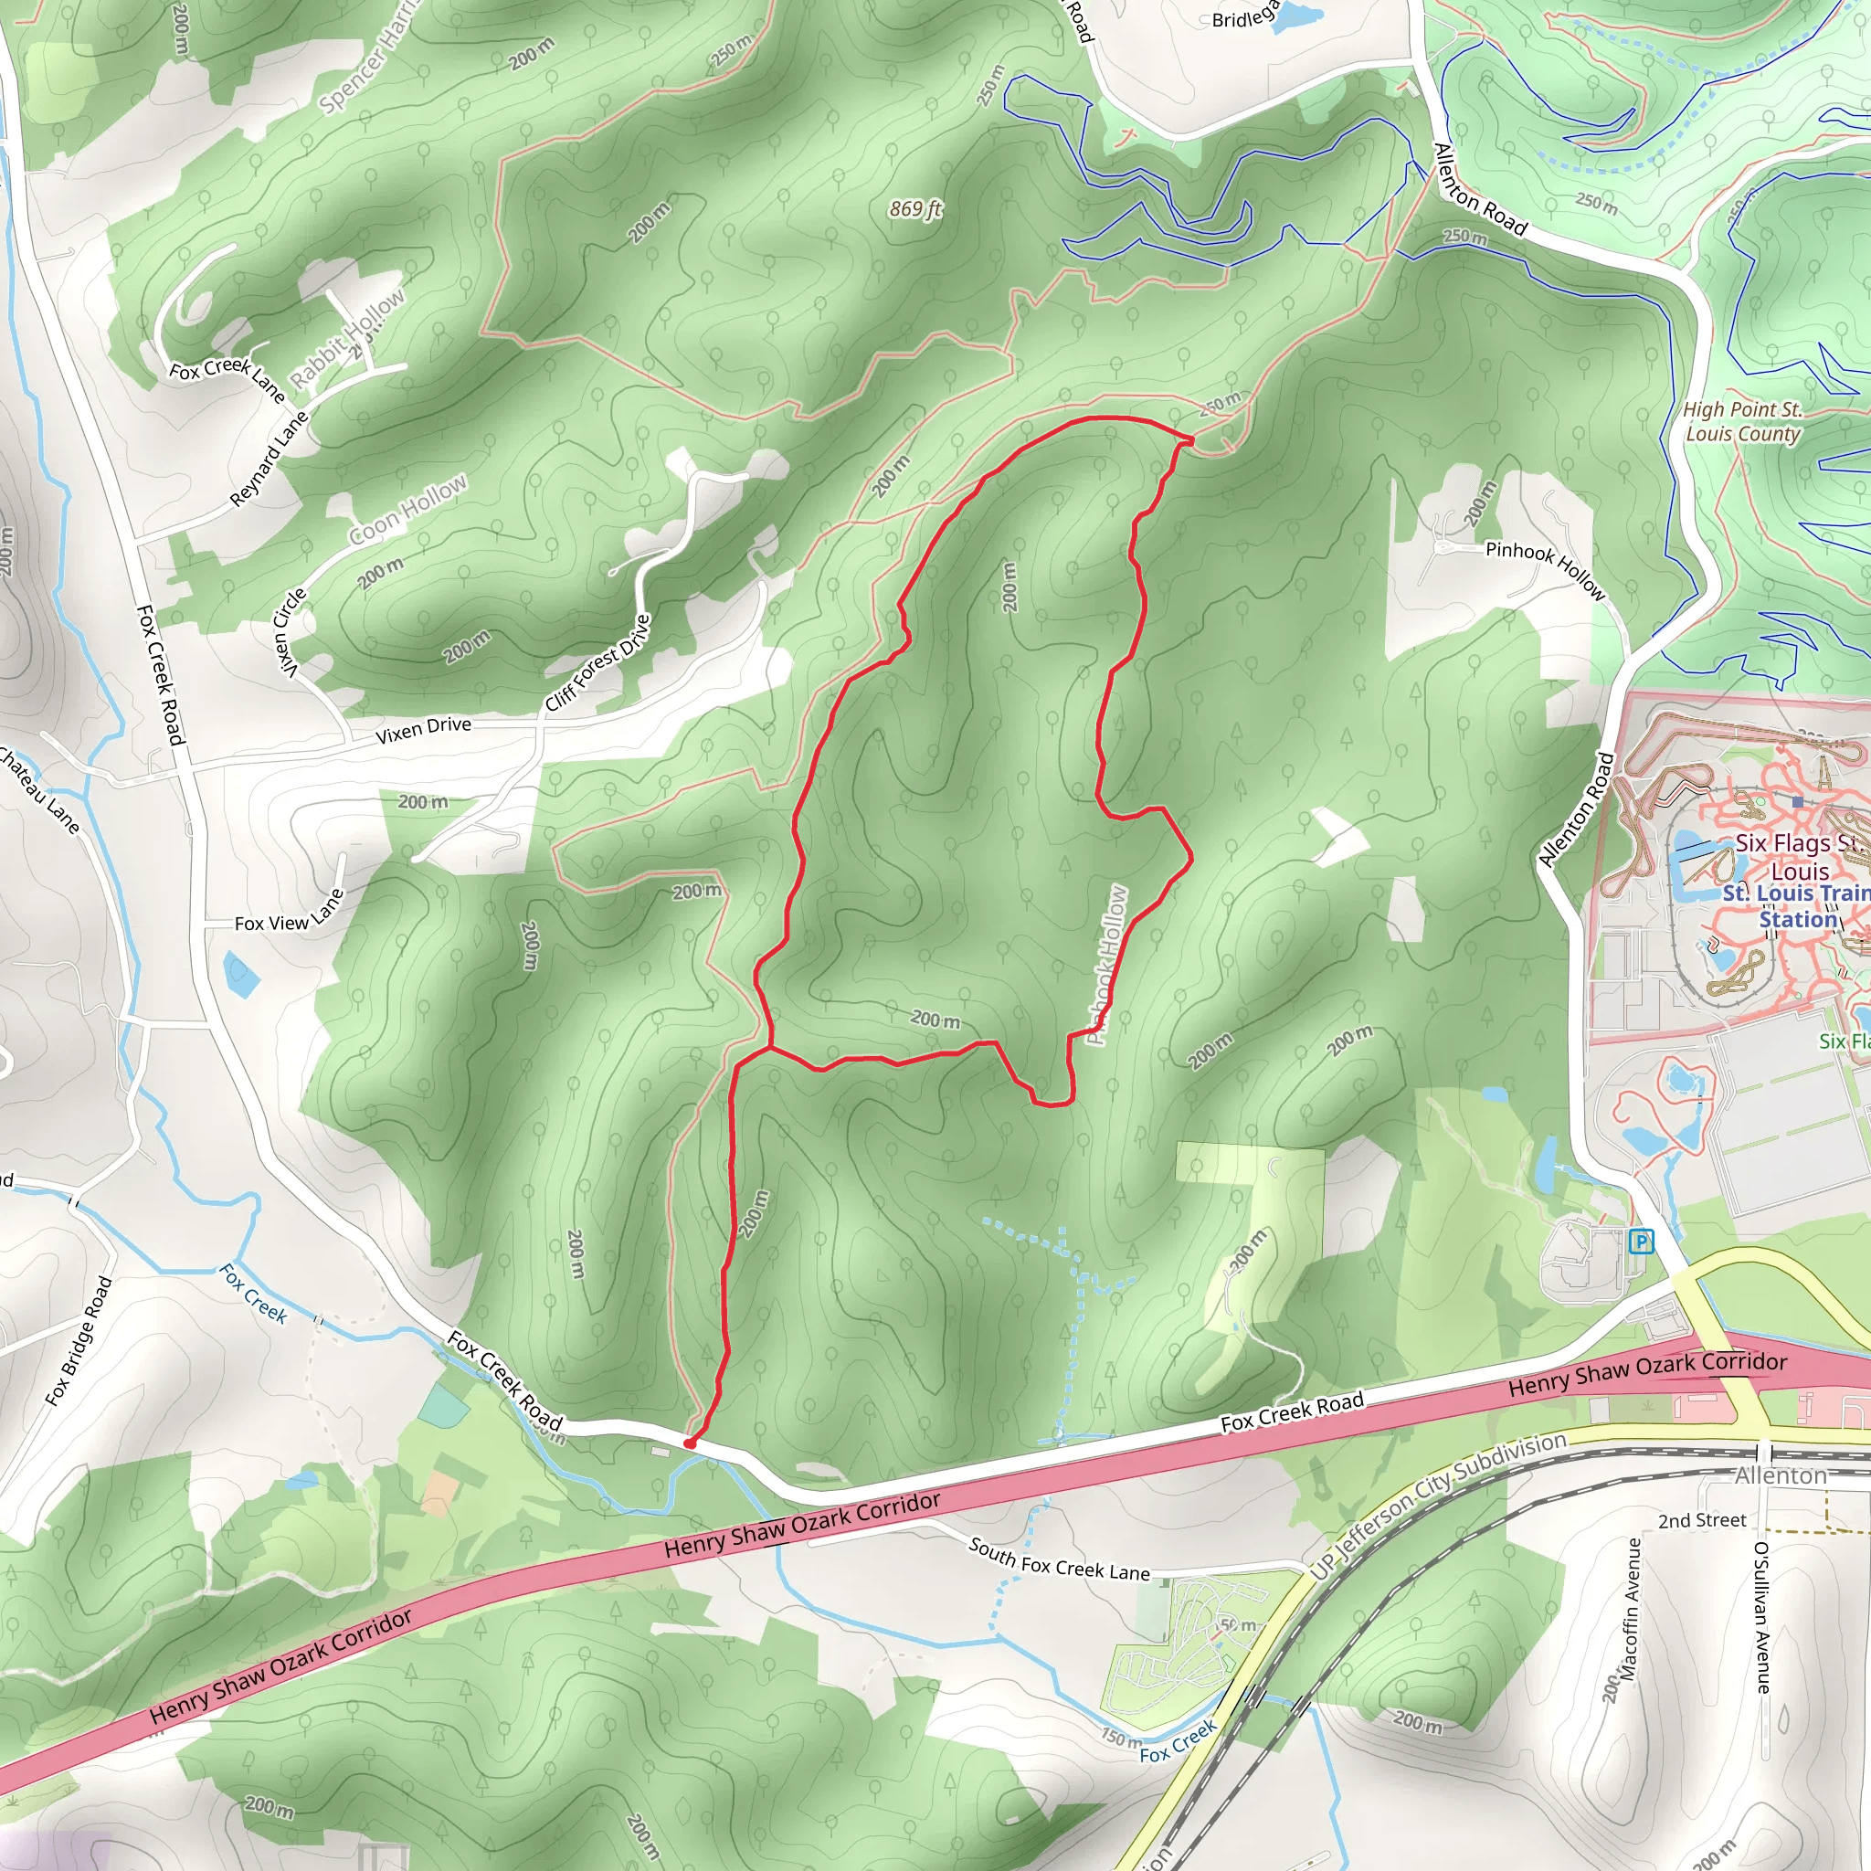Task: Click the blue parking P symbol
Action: click(1642, 1241)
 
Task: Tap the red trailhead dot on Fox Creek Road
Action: click(690, 1443)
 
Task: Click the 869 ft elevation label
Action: click(915, 208)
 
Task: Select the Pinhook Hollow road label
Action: click(1546, 569)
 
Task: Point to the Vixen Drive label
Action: click(423, 729)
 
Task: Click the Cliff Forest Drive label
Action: click(597, 663)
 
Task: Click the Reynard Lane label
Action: click(270, 459)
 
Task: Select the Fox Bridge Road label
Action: click(79, 1341)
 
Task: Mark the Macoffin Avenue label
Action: click(1631, 1609)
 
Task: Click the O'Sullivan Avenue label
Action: click(1762, 1617)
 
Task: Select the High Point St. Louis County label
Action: click(1742, 421)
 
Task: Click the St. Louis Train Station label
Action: click(1796, 906)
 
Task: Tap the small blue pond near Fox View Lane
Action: click(240, 974)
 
